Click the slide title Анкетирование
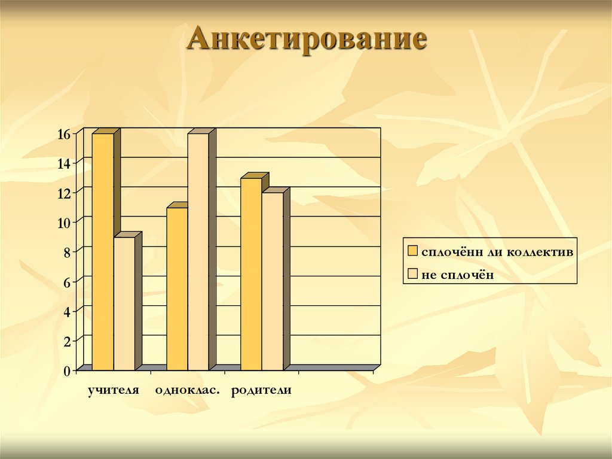(307, 39)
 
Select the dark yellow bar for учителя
(102, 251)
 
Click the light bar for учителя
(124, 303)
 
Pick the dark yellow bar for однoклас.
(177, 288)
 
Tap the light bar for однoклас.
(198, 251)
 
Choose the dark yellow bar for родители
(251, 273)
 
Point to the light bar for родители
(273, 281)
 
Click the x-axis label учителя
(113, 390)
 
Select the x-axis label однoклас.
(187, 390)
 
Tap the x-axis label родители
(261, 390)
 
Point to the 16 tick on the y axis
(64, 134)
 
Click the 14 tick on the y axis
(64, 163)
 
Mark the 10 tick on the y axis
(64, 223)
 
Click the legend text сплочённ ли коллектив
(497, 251)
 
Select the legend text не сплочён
(458, 275)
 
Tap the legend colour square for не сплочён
(412, 274)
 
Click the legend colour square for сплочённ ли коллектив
(412, 251)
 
